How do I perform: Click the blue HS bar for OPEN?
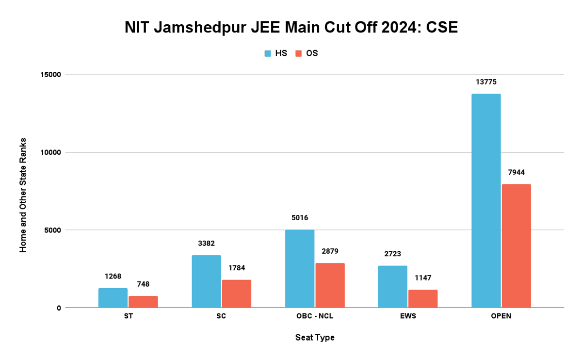coord(486,201)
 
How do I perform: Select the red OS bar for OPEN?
coord(516,246)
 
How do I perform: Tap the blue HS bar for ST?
coord(113,298)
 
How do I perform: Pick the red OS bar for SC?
coord(237,294)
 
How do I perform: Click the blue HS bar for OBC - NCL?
coord(300,269)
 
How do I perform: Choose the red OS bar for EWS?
coord(423,299)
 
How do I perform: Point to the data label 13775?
coord(486,82)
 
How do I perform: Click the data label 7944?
coord(517,172)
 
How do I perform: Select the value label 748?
coord(144,284)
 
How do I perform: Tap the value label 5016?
coord(300,218)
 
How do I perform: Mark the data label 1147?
coord(423,278)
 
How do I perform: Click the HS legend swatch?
coord(268,53)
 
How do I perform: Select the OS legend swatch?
coord(299,53)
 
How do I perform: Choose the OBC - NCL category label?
coord(315,316)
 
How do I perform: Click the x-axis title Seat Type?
coord(315,337)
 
